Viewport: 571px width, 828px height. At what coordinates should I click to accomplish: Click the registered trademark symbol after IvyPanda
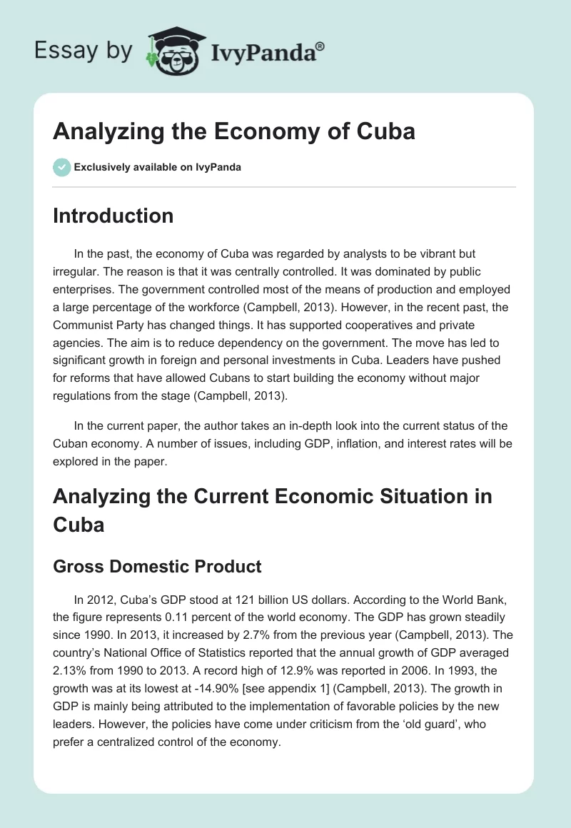coord(320,47)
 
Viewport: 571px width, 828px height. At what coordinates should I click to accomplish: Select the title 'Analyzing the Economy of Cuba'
coord(234,132)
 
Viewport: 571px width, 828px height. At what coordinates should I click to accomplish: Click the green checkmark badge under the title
coord(61,167)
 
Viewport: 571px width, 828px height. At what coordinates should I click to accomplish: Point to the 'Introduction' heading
coord(113,216)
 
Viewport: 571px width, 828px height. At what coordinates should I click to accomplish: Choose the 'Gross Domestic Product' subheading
coord(157,567)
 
